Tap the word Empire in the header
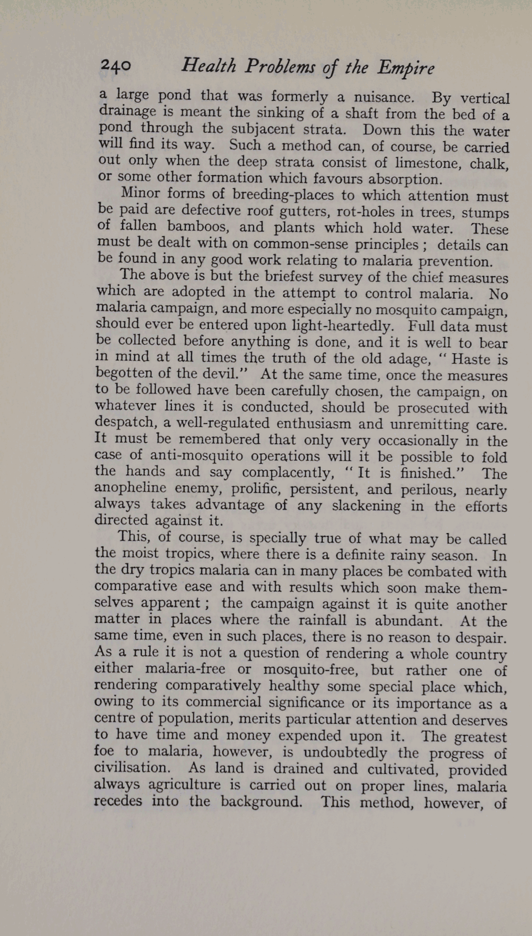click(x=405, y=68)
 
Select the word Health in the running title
click(x=209, y=66)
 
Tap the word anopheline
click(x=130, y=488)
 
